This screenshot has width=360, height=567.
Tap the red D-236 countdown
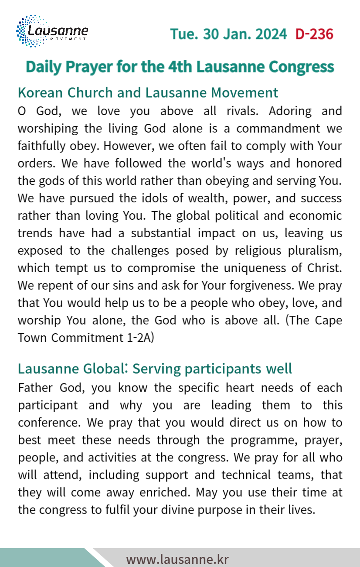pyautogui.click(x=314, y=34)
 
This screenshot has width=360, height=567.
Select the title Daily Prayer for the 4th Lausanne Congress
pyautogui.click(x=180, y=67)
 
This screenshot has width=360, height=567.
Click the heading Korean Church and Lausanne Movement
pyautogui.click(x=148, y=92)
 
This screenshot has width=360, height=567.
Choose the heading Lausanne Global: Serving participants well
pyautogui.click(x=155, y=369)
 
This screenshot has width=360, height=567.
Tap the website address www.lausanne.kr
pyautogui.click(x=177, y=559)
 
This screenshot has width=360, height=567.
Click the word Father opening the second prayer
pyautogui.click(x=35, y=388)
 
